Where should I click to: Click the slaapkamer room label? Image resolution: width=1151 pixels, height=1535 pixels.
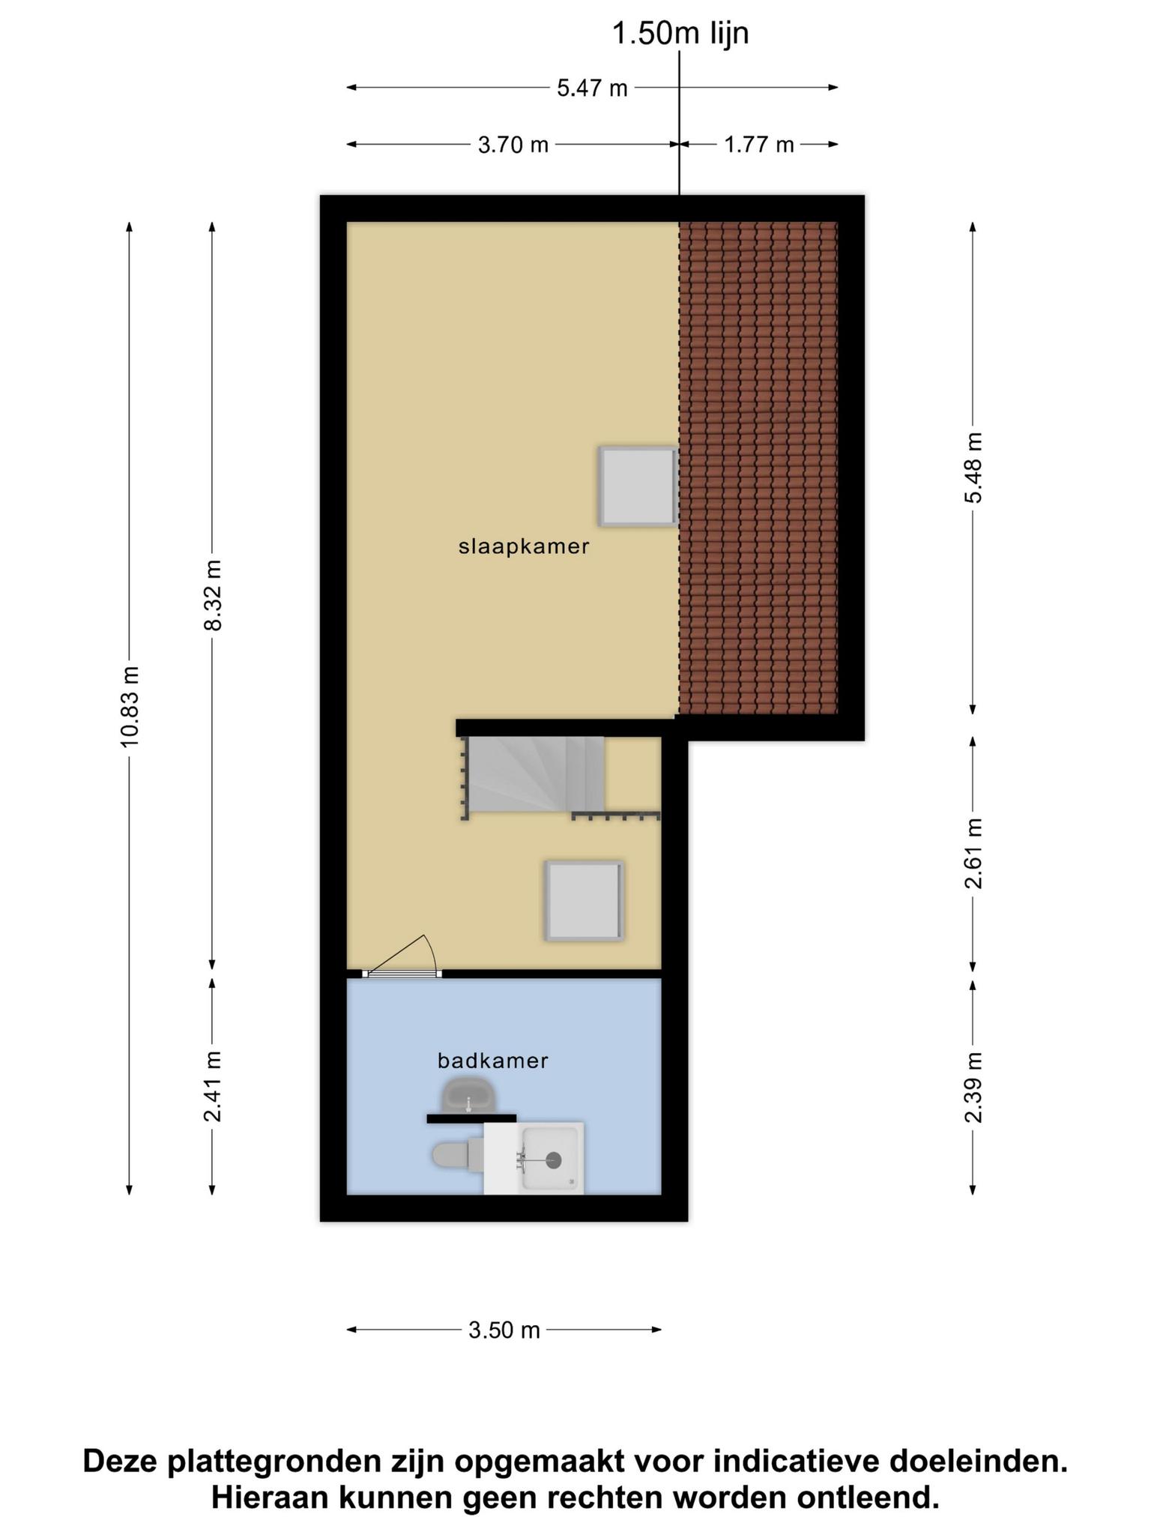[524, 547]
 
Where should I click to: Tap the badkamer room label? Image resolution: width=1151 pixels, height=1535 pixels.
[493, 1061]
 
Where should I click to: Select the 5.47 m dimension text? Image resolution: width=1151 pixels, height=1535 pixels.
[592, 88]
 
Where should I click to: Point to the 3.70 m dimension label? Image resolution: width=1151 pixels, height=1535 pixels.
[513, 145]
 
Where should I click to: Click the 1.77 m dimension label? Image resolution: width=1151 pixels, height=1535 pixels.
[758, 145]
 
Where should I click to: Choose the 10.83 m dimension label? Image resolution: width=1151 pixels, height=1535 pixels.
[130, 706]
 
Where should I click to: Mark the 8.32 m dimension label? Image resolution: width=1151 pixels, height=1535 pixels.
[213, 595]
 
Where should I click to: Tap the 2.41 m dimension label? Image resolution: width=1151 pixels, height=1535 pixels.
[213, 1086]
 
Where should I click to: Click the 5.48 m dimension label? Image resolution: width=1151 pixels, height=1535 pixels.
[973, 468]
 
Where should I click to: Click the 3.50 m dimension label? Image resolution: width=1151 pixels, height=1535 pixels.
[504, 1330]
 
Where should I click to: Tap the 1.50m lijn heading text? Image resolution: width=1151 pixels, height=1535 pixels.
[680, 34]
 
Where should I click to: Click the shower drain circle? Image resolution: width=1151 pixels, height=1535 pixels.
[554, 1160]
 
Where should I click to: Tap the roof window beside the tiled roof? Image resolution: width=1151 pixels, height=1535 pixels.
[638, 486]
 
